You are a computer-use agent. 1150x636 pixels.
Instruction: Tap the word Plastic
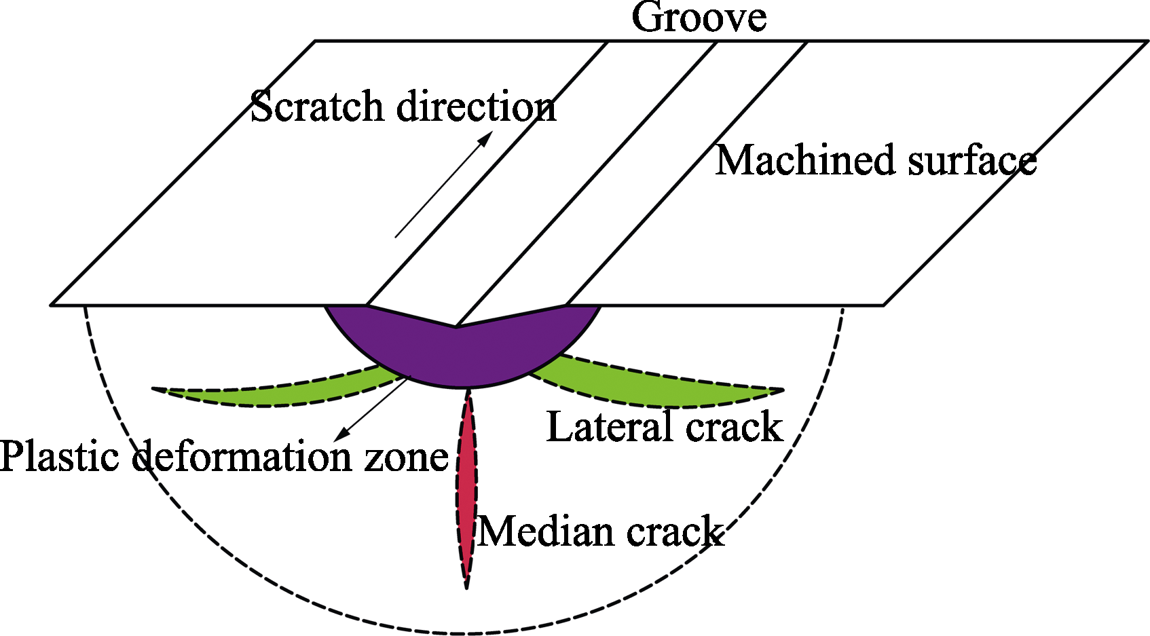pyautogui.click(x=60, y=456)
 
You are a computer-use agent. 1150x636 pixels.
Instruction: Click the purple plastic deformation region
pyautogui.click(x=463, y=354)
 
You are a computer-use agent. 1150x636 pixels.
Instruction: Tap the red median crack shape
pyautogui.click(x=466, y=487)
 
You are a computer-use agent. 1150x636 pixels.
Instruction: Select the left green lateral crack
pyautogui.click(x=277, y=393)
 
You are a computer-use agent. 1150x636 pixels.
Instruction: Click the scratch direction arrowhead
pyautogui.click(x=485, y=138)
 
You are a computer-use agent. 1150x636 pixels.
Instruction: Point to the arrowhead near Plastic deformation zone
pyautogui.click(x=342, y=434)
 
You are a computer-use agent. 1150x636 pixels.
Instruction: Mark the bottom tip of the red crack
pyautogui.click(x=466, y=589)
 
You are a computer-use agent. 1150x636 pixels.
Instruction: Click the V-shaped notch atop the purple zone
pyautogui.click(x=456, y=326)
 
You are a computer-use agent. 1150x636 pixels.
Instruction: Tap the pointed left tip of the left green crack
pyautogui.click(x=153, y=389)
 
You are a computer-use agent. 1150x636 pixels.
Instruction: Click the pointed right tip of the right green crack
pyautogui.click(x=784, y=390)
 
